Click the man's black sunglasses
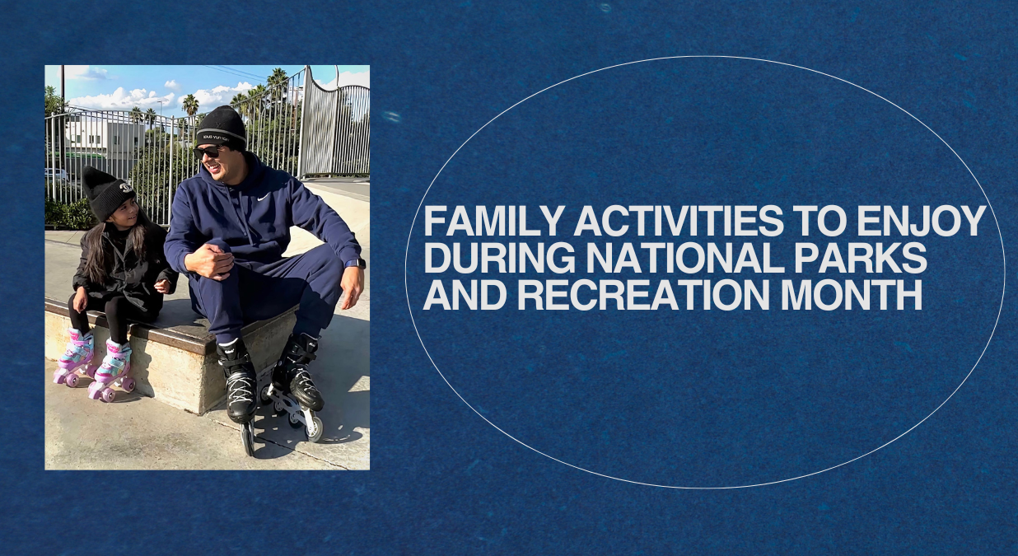(x=209, y=152)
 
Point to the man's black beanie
(x=221, y=126)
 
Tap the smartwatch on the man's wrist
(x=355, y=264)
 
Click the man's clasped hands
(x=212, y=261)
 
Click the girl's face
(x=125, y=213)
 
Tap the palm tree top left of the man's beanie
(x=190, y=105)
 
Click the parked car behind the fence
(x=56, y=175)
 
